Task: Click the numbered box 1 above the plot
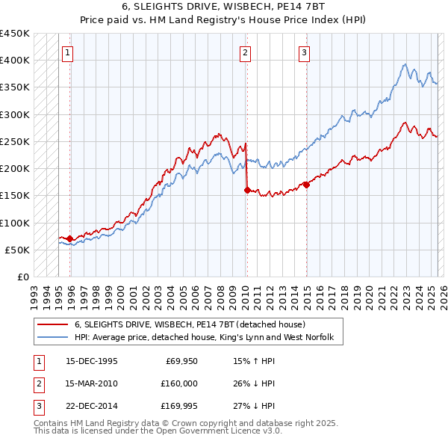point(68,52)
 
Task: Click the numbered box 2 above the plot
point(245,52)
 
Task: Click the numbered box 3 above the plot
point(305,52)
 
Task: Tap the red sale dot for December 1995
point(69,238)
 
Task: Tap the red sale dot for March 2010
point(246,190)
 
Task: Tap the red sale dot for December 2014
point(306,185)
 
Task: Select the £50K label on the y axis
point(17,250)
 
